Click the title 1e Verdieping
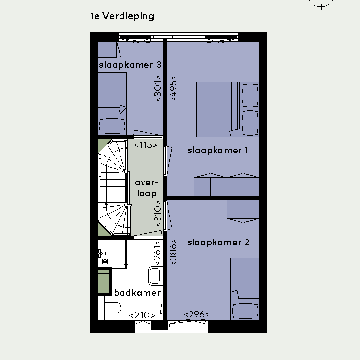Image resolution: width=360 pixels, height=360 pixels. [x=122, y=16]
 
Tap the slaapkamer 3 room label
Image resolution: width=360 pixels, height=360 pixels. [x=130, y=65]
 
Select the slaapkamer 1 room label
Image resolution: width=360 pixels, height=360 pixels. [x=217, y=151]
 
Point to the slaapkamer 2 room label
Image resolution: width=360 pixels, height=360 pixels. [x=218, y=242]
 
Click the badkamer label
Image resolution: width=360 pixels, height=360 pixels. [x=137, y=293]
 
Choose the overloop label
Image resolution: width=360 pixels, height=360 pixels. [x=146, y=188]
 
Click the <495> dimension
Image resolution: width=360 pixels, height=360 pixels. [x=174, y=88]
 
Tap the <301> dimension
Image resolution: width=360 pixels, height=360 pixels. [x=158, y=88]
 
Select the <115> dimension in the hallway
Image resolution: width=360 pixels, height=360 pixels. [x=145, y=145]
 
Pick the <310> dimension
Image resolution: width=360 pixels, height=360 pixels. [x=158, y=213]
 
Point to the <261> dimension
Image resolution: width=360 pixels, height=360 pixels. [x=158, y=253]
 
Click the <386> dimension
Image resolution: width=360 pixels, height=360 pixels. [x=174, y=252]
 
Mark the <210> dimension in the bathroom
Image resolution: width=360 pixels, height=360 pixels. [x=142, y=315]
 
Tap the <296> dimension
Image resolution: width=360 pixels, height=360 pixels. [x=196, y=314]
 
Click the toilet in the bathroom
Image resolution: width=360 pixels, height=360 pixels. [x=113, y=308]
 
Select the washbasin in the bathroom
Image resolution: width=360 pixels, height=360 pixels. [x=154, y=275]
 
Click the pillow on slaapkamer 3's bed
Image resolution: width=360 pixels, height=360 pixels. [x=112, y=126]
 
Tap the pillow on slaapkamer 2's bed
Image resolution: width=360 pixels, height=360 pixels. [x=245, y=311]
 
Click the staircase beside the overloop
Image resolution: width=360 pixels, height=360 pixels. [x=113, y=187]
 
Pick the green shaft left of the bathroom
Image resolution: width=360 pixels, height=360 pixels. [x=103, y=281]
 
